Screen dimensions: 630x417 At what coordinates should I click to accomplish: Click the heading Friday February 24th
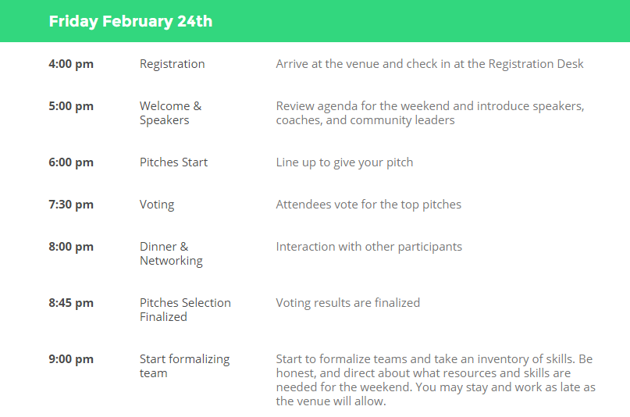click(x=130, y=22)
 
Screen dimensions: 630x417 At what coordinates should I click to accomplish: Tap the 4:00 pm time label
click(x=71, y=64)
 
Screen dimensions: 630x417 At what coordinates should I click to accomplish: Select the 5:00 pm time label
click(x=71, y=106)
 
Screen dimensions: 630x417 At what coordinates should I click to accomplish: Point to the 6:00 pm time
click(x=71, y=162)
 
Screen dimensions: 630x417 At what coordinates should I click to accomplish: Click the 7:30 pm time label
click(x=71, y=205)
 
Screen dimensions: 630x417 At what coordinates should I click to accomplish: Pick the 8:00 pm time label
click(x=71, y=247)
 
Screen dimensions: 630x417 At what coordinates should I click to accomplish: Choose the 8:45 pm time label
click(x=71, y=303)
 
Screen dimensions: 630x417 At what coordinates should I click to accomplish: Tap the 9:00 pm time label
click(x=71, y=359)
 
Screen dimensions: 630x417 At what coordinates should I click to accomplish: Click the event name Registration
click(x=173, y=64)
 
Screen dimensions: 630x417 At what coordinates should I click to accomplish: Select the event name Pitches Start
click(x=173, y=162)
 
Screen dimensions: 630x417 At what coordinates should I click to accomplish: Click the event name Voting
click(x=157, y=205)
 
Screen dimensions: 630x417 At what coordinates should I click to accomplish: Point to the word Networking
click(x=171, y=261)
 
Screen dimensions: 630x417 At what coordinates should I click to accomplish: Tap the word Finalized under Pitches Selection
click(x=163, y=317)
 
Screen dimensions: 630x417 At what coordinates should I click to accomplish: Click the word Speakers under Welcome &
click(x=164, y=120)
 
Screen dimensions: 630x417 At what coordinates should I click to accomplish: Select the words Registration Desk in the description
click(x=536, y=64)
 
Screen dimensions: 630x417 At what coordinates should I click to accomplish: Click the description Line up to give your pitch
click(x=344, y=162)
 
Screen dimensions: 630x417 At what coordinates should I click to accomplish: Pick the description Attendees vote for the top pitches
click(x=368, y=205)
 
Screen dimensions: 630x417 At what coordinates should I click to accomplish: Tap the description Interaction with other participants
click(x=368, y=247)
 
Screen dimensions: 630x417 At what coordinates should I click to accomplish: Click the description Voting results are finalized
click(x=348, y=303)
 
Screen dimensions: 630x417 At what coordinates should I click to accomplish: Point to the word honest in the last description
click(x=296, y=373)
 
